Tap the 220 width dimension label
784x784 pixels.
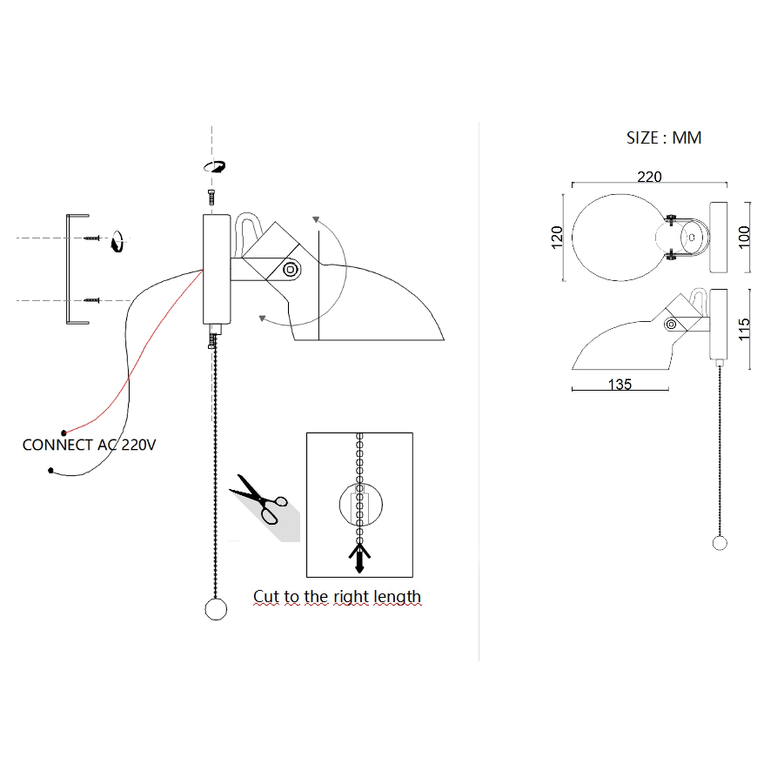(649, 178)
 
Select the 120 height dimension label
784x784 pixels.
(558, 236)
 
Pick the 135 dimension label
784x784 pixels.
(620, 384)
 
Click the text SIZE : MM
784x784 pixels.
(663, 137)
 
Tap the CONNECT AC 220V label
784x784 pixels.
(89, 445)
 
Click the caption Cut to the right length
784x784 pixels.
(337, 597)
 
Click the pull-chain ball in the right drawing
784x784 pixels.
(720, 544)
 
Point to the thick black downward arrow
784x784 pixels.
(358, 557)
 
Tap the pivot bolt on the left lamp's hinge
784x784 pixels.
(290, 270)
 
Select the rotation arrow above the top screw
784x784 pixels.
(214, 166)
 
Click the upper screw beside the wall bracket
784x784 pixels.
(92, 237)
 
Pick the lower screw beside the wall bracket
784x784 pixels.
(92, 300)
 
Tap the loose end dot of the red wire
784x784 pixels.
(64, 432)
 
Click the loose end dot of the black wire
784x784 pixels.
(51, 472)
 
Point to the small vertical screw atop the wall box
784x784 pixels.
(212, 197)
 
